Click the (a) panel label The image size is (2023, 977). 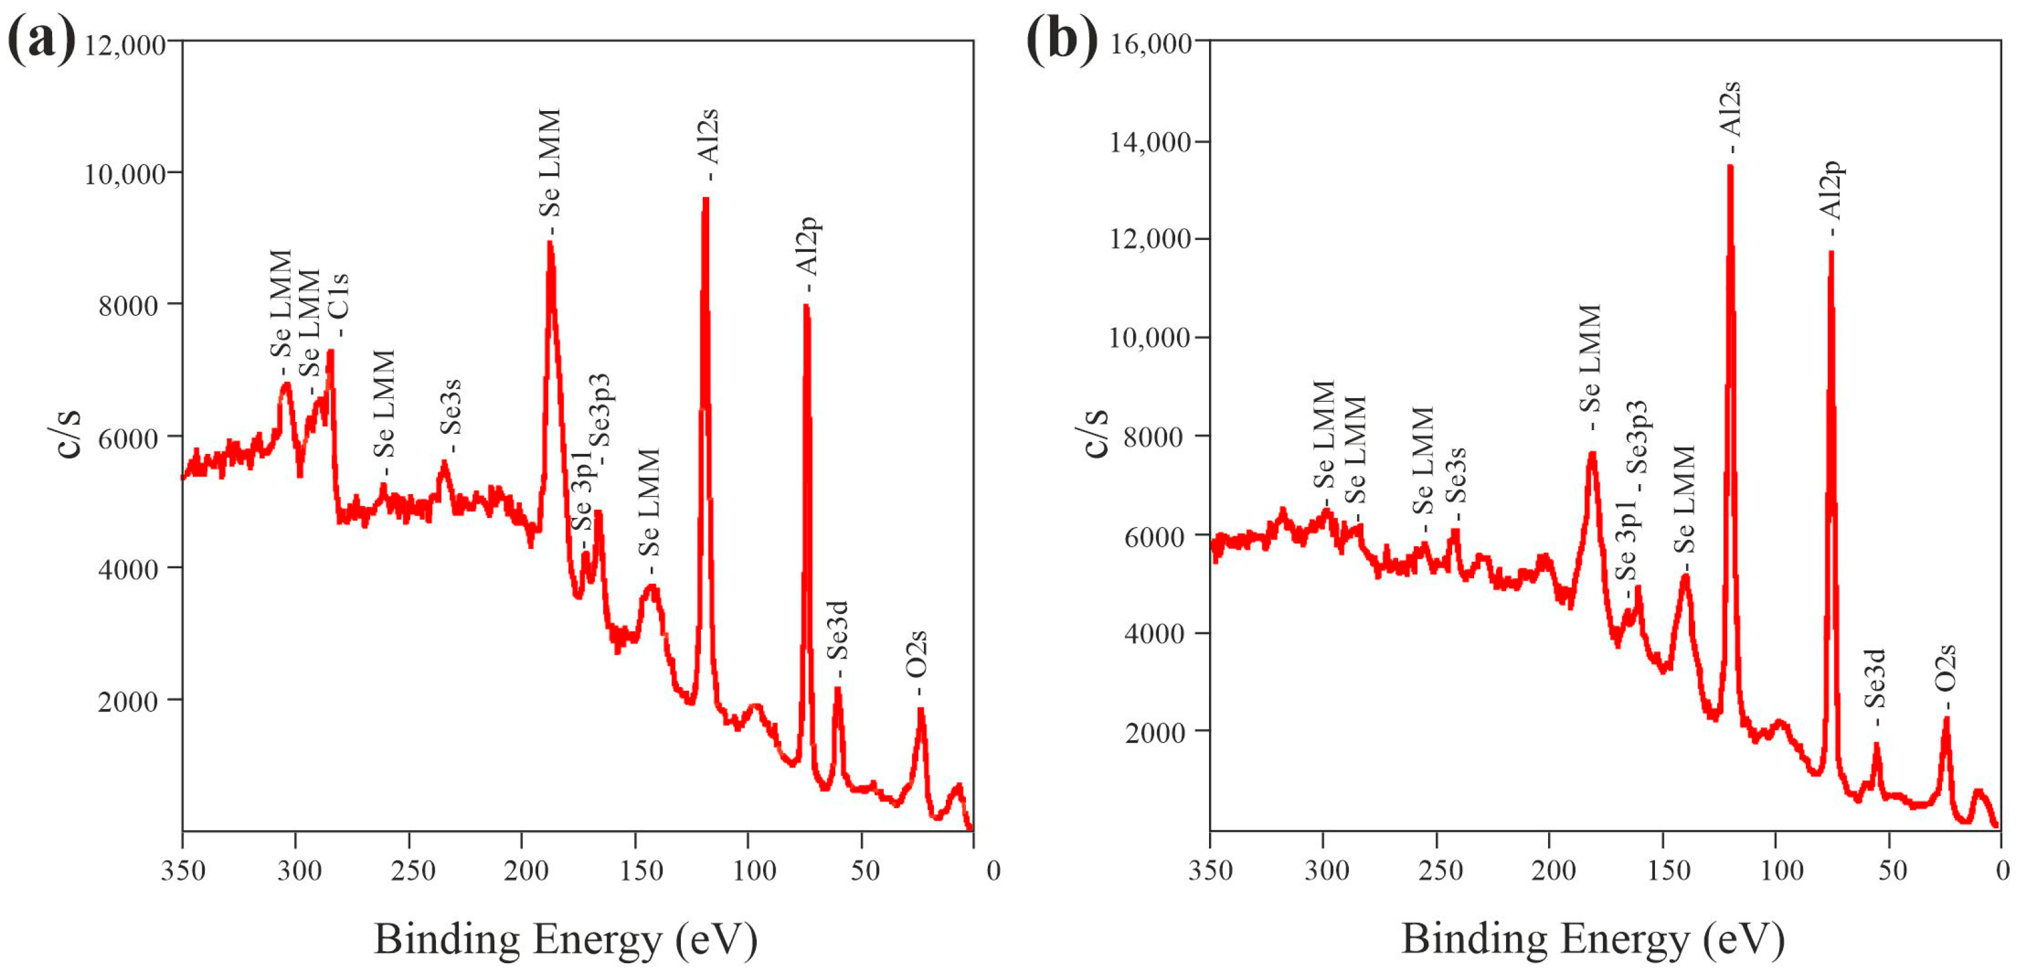[41, 40]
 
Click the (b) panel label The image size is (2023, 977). [1062, 40]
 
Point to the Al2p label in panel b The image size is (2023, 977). [1831, 190]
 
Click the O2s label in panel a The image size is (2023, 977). [916, 654]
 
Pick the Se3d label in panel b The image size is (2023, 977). [1875, 679]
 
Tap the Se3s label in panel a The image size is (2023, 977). [450, 407]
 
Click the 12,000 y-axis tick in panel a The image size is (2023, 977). [125, 45]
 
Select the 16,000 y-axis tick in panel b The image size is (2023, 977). [1151, 43]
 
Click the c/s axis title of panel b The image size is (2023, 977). [1095, 433]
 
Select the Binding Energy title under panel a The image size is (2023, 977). [565, 939]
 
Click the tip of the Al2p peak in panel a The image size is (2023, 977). [806, 306]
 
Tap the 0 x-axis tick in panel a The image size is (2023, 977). [994, 870]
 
